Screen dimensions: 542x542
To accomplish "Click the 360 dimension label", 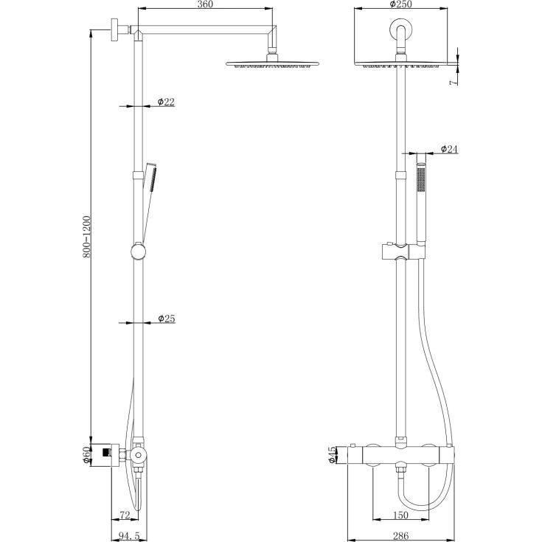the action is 205,4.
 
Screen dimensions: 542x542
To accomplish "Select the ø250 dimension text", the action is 400,4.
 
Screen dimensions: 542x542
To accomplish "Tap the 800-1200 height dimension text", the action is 86,237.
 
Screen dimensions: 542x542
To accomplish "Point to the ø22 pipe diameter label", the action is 166,102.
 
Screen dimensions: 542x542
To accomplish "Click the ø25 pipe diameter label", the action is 167,319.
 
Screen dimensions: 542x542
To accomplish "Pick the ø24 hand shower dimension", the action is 449,149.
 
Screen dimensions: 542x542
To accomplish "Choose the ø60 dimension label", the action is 86,455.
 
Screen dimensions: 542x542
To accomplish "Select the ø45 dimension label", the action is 332,455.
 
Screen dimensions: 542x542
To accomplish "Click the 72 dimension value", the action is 125,515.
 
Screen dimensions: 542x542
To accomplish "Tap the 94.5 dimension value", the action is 129,536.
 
